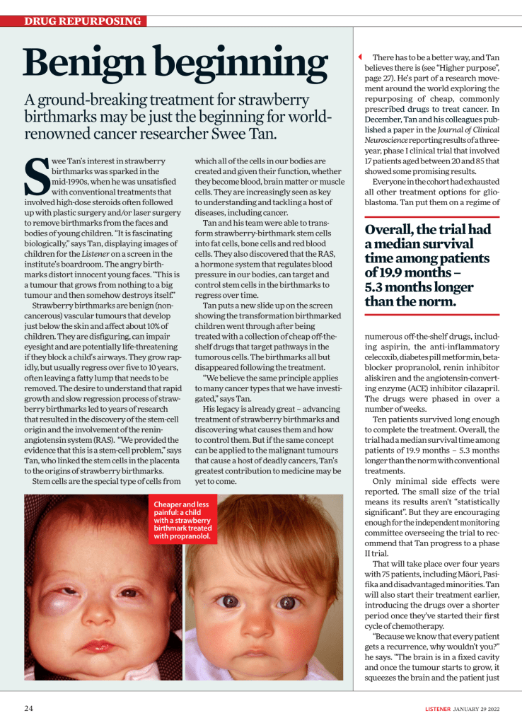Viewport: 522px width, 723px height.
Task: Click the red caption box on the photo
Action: tap(185, 520)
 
